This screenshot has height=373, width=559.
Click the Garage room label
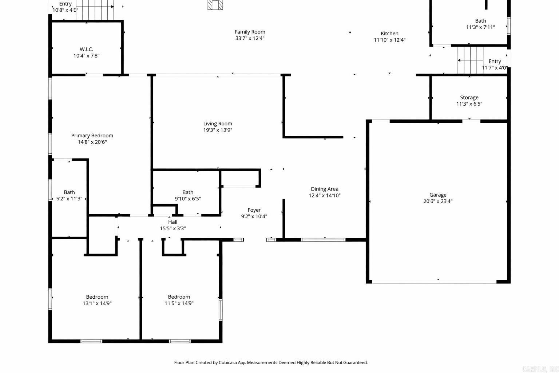click(x=437, y=195)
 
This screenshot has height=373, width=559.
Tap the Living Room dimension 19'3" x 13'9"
click(x=218, y=130)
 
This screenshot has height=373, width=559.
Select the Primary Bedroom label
click(x=92, y=136)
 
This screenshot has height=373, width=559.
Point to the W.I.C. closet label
click(x=86, y=49)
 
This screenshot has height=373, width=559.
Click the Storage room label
click(x=469, y=97)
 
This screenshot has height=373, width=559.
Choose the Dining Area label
click(x=324, y=189)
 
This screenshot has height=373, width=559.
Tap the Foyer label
click(x=254, y=210)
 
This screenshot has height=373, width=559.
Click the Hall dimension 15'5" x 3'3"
click(x=173, y=228)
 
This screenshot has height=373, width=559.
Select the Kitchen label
click(x=389, y=34)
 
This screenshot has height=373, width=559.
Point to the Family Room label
click(x=250, y=32)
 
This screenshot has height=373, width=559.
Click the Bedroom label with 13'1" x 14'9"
click(x=97, y=297)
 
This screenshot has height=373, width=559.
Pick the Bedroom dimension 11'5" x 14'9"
click(x=179, y=303)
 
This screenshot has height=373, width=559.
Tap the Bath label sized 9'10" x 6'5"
click(x=188, y=192)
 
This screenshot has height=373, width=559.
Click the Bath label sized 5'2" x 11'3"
click(x=69, y=192)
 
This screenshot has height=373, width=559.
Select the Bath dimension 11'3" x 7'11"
click(x=480, y=27)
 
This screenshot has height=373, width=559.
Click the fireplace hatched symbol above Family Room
click(x=215, y=4)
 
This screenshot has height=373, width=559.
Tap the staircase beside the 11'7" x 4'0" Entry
click(x=470, y=60)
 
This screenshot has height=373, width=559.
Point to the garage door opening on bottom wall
click(x=434, y=281)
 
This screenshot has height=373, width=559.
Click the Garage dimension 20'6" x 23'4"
click(x=437, y=201)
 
